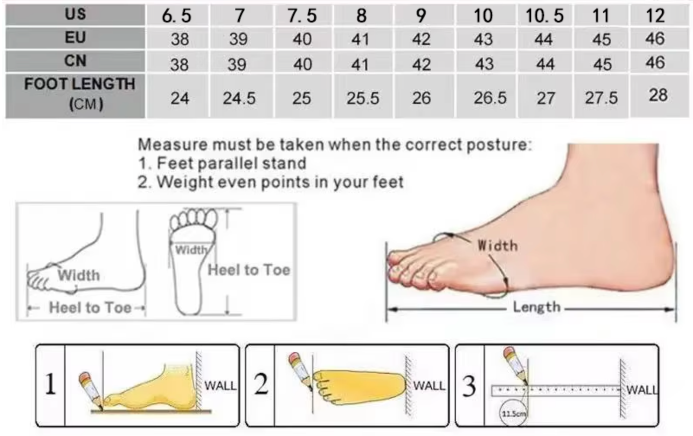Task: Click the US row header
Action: (x=75, y=15)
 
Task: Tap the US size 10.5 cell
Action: (x=545, y=15)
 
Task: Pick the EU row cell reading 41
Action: (x=360, y=39)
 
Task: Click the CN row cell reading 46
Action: (x=655, y=63)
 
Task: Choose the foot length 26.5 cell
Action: (x=490, y=98)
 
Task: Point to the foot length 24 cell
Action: (x=180, y=98)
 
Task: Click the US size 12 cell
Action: (x=655, y=15)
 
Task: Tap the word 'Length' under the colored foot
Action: (x=537, y=307)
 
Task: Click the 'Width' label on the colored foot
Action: (x=497, y=246)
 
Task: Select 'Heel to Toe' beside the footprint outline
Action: (x=249, y=270)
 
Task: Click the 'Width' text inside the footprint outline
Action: (x=191, y=250)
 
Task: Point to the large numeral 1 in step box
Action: (x=51, y=384)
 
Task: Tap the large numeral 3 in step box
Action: (x=469, y=386)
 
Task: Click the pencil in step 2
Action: (x=301, y=370)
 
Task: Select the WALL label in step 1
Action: (x=220, y=386)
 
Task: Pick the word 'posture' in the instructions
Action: (x=499, y=145)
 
